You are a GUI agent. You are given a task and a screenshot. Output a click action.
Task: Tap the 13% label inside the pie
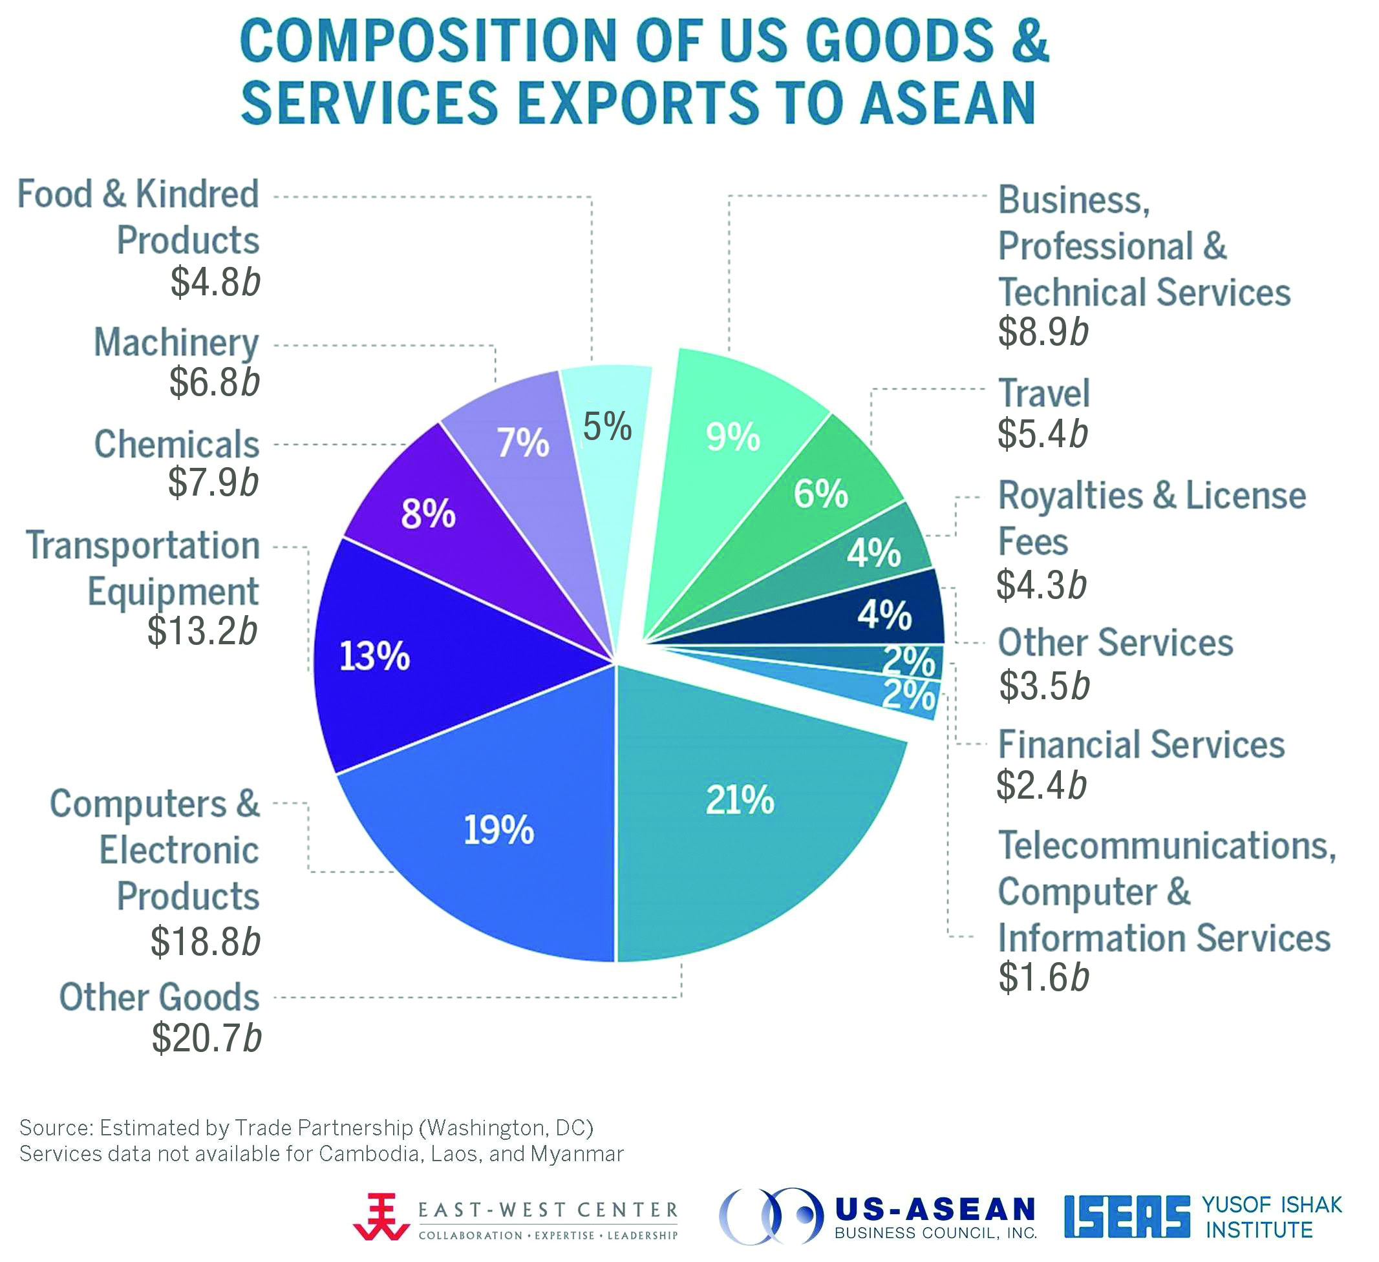point(374,657)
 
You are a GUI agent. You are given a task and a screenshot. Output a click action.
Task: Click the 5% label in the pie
point(608,426)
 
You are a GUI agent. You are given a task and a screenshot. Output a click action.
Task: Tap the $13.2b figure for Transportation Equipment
point(202,630)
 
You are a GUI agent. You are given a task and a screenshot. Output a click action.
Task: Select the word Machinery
point(176,342)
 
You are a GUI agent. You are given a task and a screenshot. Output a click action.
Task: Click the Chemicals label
point(176,445)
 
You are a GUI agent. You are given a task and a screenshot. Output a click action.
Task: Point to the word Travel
point(1044,393)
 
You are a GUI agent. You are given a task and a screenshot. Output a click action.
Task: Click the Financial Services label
point(1141,744)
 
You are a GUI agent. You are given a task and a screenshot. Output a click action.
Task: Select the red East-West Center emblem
point(378,1217)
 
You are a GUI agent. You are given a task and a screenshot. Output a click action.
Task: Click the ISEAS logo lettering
point(1128,1217)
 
